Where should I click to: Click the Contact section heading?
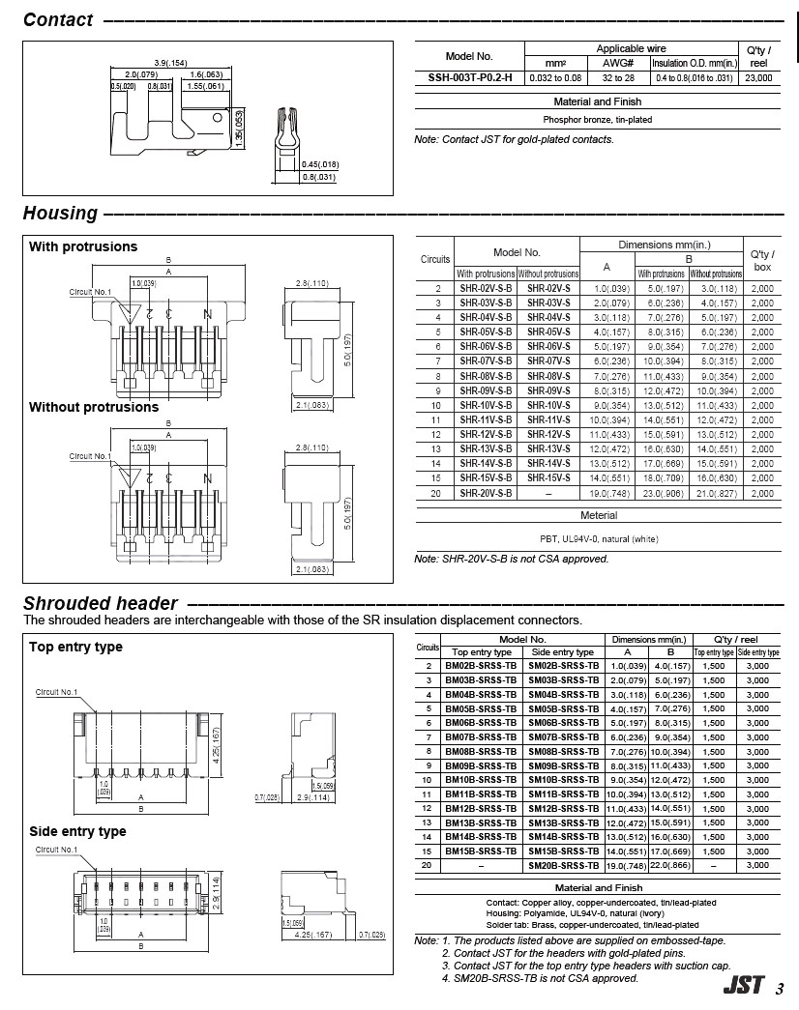(58, 20)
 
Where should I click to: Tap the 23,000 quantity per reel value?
(758, 77)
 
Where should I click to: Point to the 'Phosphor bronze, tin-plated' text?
(598, 120)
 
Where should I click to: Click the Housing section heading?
(60, 214)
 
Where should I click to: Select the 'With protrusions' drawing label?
(83, 246)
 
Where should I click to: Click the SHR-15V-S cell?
(548, 478)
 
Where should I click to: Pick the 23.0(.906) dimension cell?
(663, 493)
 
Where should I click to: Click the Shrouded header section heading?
(101, 604)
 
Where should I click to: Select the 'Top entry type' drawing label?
(75, 647)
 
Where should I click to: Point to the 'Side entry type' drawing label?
(77, 831)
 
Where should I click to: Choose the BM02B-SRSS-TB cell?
(481, 666)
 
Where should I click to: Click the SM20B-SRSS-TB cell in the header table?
(564, 866)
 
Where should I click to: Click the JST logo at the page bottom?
(743, 988)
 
